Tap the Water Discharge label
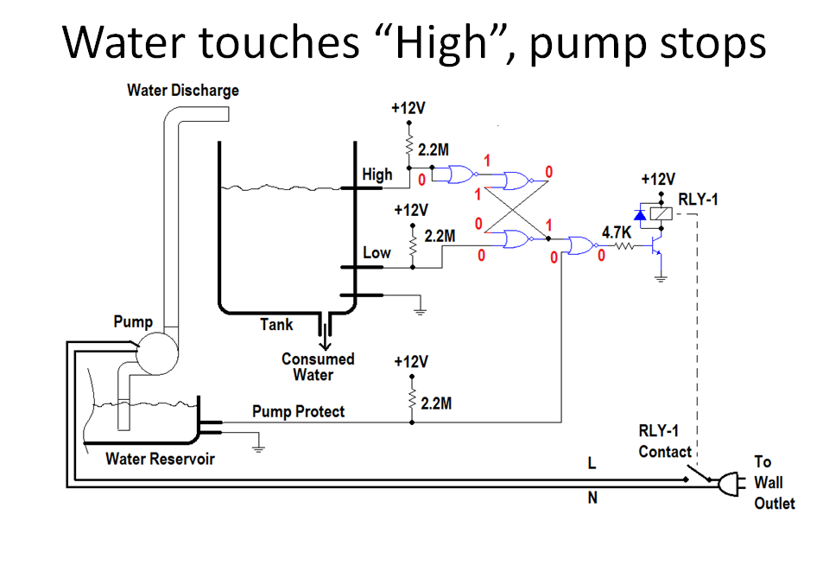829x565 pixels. pyautogui.click(x=182, y=90)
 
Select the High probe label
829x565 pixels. pyautogui.click(x=377, y=175)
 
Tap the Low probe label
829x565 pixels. pyautogui.click(x=377, y=252)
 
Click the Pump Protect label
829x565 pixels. pyautogui.click(x=298, y=411)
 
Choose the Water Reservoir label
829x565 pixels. pyautogui.click(x=160, y=458)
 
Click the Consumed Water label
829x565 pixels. pyautogui.click(x=318, y=366)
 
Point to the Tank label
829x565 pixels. pyautogui.click(x=276, y=325)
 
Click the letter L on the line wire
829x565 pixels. pyautogui.click(x=592, y=464)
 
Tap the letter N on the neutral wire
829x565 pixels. pyautogui.click(x=592, y=498)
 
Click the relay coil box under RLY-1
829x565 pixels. pyautogui.click(x=661, y=212)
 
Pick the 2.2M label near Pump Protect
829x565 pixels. pyautogui.click(x=438, y=403)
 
